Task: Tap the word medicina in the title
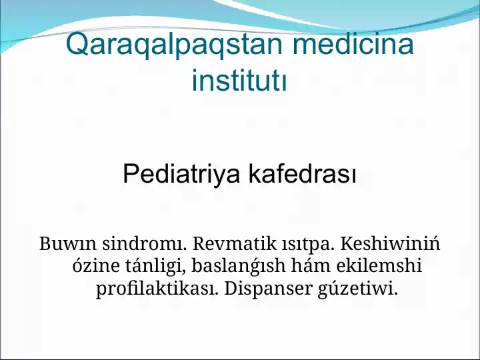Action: pyautogui.click(x=353, y=45)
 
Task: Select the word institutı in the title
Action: pyautogui.click(x=239, y=81)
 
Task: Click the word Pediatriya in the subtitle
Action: pyautogui.click(x=181, y=175)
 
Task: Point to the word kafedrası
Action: pyautogui.click(x=302, y=175)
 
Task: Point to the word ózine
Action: pyautogui.click(x=95, y=267)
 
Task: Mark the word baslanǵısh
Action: pyautogui.click(x=239, y=267)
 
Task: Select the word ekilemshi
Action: pyautogui.click(x=379, y=267)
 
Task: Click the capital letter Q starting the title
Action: pyautogui.click(x=77, y=45)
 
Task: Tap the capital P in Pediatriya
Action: pyautogui.click(x=131, y=175)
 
